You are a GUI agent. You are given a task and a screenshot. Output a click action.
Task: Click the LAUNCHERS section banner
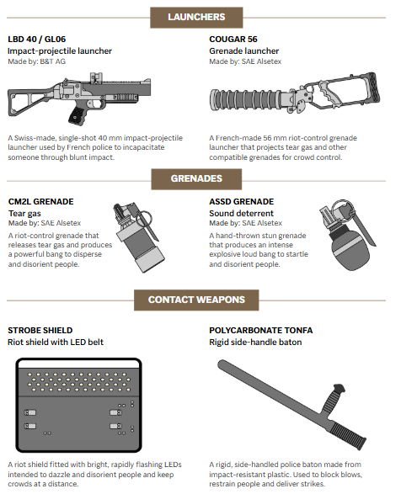(196, 18)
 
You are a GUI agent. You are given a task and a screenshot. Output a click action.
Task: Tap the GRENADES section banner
(196, 179)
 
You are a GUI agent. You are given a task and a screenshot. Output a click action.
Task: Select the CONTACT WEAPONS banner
(196, 300)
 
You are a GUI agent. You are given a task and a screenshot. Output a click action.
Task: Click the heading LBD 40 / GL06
(37, 40)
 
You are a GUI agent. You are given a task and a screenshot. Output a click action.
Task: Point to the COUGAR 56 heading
(233, 40)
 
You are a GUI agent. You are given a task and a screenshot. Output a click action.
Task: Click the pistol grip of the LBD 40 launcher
(78, 116)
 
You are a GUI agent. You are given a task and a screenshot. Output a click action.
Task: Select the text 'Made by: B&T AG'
(36, 61)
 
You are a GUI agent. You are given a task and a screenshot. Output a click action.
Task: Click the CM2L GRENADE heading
(41, 202)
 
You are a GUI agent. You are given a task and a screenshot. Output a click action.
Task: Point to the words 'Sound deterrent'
(241, 213)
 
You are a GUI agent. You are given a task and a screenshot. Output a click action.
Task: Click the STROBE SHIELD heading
(40, 331)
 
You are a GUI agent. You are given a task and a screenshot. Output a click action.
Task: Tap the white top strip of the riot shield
(78, 364)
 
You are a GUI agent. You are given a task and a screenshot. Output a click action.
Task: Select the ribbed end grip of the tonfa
(348, 433)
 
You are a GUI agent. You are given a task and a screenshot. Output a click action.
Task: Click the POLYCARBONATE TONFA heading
(261, 331)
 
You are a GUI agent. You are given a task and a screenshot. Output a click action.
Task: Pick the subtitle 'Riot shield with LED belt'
(56, 343)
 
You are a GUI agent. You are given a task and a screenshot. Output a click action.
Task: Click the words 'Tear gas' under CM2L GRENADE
(24, 213)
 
